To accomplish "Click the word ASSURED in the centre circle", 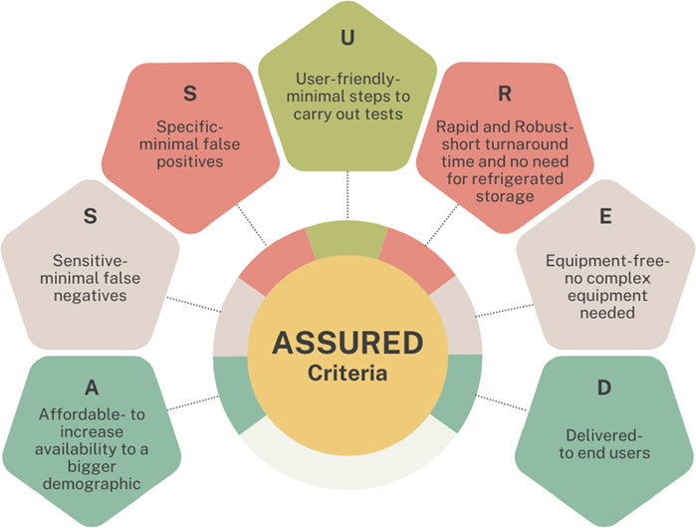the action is click(x=348, y=343).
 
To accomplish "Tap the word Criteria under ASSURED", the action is click(x=348, y=373).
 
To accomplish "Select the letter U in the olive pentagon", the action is click(x=348, y=38).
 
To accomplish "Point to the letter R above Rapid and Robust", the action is click(x=505, y=94).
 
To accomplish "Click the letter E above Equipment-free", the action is click(x=605, y=216).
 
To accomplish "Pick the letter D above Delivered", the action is click(x=604, y=388).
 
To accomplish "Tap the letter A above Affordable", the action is click(x=92, y=388).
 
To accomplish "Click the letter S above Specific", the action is click(x=190, y=94).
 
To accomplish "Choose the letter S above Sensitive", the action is click(x=90, y=216).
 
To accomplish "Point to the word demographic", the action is click(x=92, y=483).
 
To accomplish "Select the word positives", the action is click(x=189, y=161).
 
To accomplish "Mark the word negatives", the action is click(x=90, y=296).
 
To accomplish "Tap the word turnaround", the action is click(x=528, y=144).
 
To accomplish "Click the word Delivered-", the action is click(x=604, y=435).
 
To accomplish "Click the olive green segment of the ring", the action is click(x=347, y=239).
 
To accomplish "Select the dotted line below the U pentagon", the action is click(x=348, y=195).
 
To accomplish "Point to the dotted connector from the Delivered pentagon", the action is click(x=501, y=402).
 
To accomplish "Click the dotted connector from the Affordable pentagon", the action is click(x=193, y=402).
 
